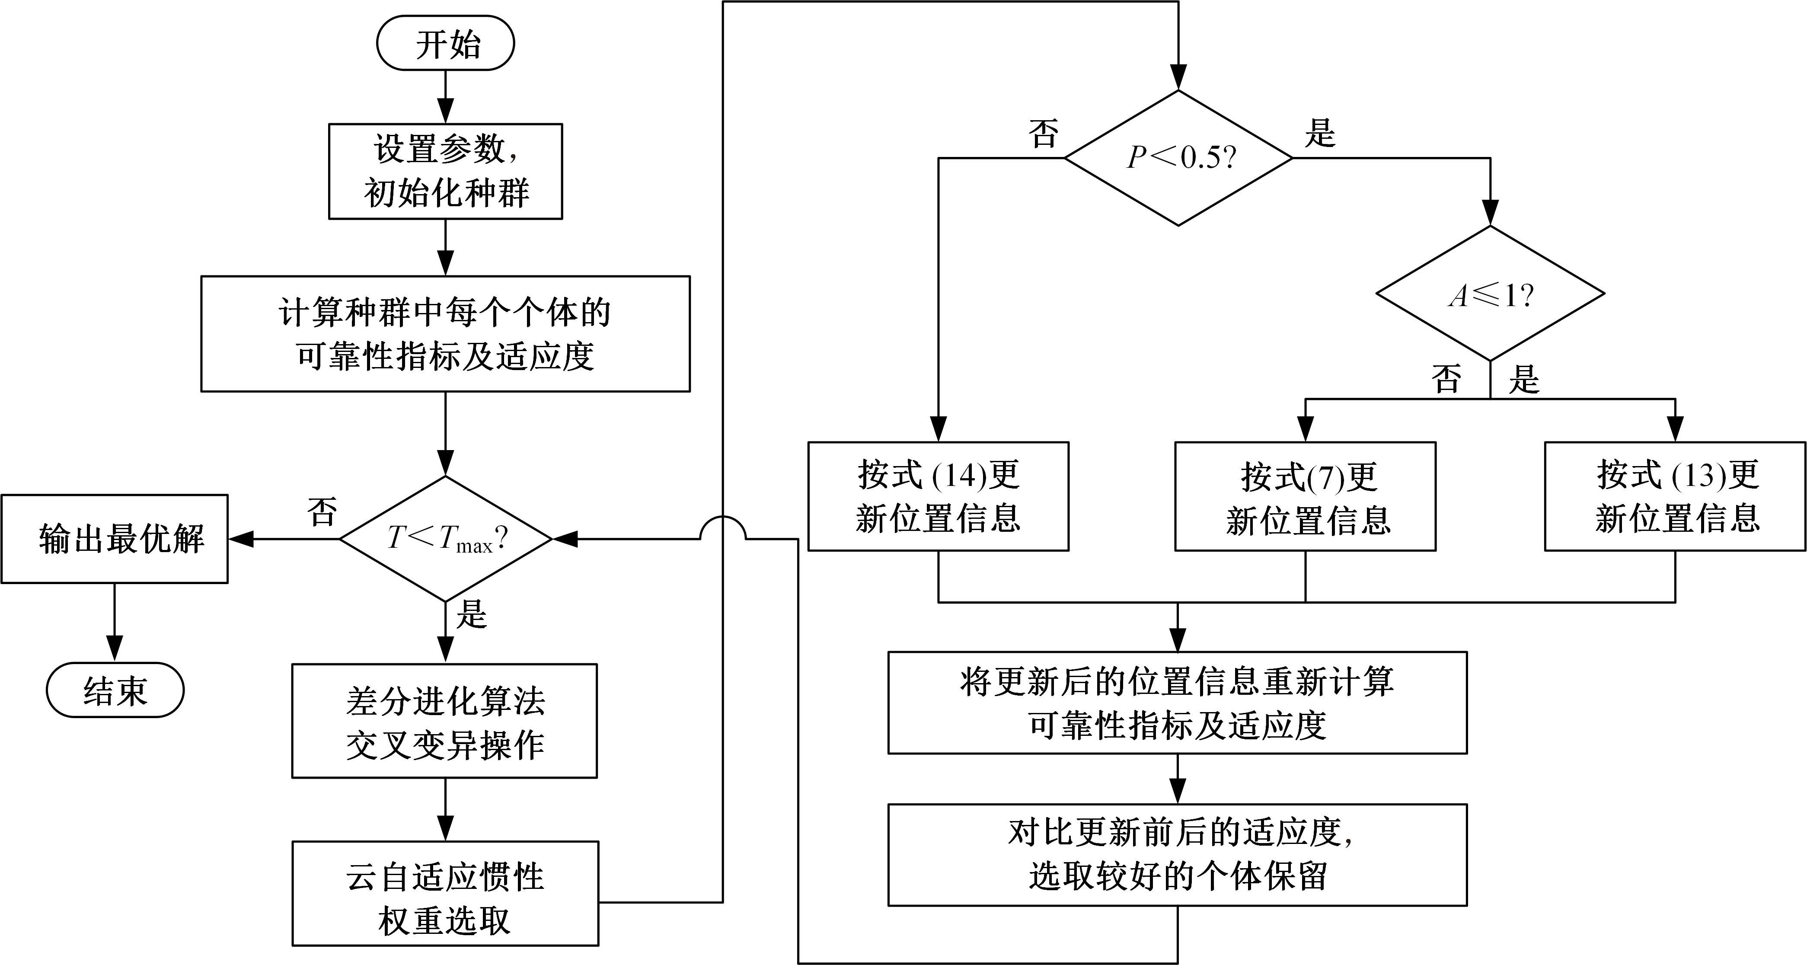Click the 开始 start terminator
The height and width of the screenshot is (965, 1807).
point(445,44)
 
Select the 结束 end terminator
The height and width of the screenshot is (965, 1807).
point(115,690)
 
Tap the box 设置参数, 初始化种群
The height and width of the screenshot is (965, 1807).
point(445,172)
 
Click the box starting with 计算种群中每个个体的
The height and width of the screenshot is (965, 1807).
point(445,334)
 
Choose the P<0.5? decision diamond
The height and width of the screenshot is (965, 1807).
point(1178,158)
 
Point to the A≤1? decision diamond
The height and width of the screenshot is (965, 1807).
point(1490,294)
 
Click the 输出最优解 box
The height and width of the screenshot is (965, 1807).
point(115,539)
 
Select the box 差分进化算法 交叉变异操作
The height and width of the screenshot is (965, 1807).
point(445,721)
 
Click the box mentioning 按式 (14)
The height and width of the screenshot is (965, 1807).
point(939,496)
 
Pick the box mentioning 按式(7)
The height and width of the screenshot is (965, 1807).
point(1306,496)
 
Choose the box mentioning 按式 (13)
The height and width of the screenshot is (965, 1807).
point(1675,496)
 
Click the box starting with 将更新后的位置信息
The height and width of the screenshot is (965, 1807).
point(1178,703)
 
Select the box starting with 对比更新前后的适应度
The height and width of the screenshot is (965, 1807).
point(1178,855)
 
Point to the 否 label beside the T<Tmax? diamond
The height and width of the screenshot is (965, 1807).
point(322,512)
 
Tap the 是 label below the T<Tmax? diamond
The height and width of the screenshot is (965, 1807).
point(471,614)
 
